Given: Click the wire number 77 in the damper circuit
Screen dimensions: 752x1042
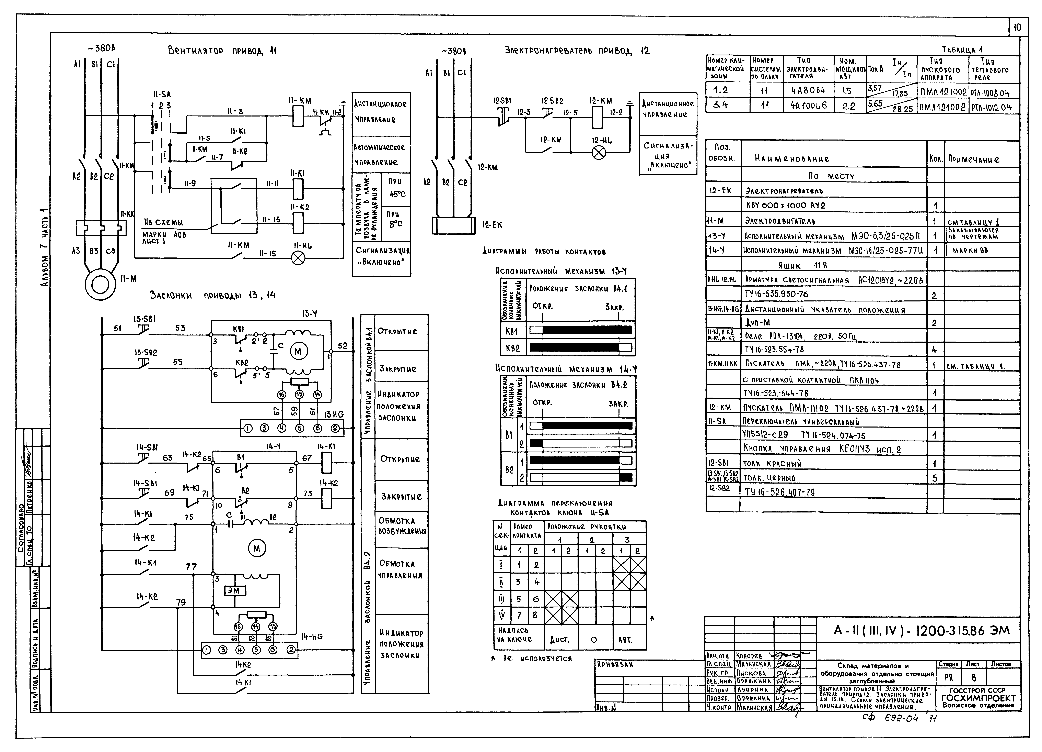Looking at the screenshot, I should [x=191, y=567].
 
